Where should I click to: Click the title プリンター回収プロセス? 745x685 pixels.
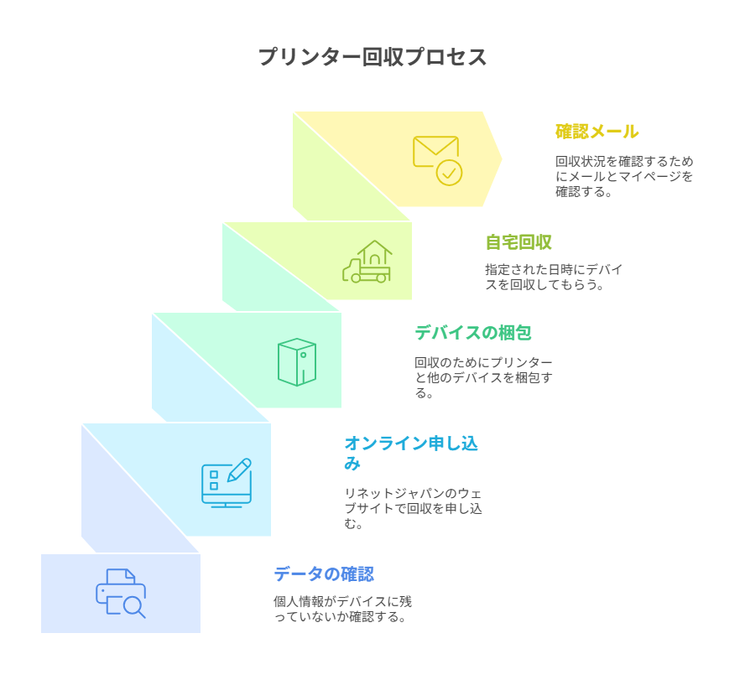[x=372, y=57]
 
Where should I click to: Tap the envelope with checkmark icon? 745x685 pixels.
[x=437, y=159]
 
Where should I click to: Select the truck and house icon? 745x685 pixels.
[x=367, y=262]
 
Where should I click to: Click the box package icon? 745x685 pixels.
[x=297, y=361]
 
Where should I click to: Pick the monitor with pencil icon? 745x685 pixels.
[x=227, y=482]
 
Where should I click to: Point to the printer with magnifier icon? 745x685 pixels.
[x=121, y=594]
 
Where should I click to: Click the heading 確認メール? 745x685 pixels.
[x=597, y=132]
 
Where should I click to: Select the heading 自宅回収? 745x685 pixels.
[x=518, y=242]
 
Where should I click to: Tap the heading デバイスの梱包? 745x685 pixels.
[x=472, y=333]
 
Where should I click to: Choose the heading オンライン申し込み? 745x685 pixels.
[x=410, y=452]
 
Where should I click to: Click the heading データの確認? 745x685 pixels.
[x=323, y=574]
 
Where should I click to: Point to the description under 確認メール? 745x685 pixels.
[x=623, y=176]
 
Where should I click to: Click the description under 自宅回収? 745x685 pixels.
[x=554, y=277]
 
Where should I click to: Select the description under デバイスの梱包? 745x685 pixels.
[x=483, y=376]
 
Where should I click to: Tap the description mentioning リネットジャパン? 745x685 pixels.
[x=413, y=508]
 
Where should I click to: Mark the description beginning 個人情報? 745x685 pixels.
[x=342, y=609]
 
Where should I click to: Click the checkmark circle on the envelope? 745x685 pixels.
[x=449, y=173]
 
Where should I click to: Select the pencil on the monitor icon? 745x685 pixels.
[x=239, y=470]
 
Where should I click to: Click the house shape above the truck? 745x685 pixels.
[x=374, y=253]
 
